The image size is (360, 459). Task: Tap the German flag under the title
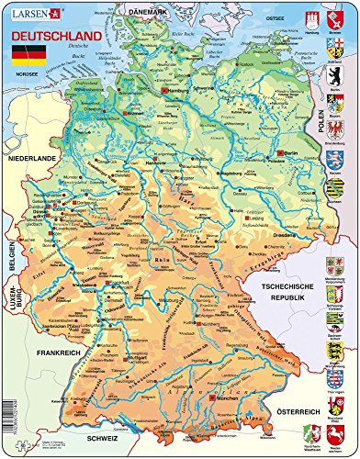coord(25,50)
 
